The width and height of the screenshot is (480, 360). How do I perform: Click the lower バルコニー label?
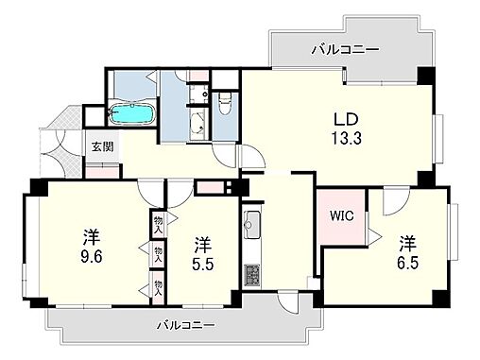point(185,324)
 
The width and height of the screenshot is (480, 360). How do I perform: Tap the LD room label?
point(341,120)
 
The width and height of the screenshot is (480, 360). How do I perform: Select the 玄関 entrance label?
point(101,146)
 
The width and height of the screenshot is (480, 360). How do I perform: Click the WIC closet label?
point(342,214)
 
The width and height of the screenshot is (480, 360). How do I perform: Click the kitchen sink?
point(252,224)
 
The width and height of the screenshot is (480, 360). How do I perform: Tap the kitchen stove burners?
point(252,275)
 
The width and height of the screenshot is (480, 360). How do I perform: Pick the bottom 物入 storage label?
point(158,286)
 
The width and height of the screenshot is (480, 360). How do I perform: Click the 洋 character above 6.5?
point(406,238)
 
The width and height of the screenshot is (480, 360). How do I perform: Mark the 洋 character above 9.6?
point(91,234)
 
